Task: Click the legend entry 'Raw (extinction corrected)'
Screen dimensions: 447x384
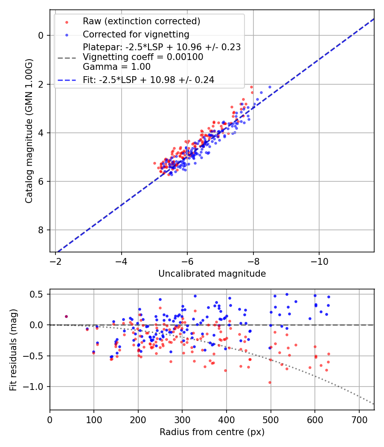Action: pos(141,21)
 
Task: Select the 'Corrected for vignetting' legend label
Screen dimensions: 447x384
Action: pos(136,34)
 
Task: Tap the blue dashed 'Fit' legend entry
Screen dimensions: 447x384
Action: pos(148,80)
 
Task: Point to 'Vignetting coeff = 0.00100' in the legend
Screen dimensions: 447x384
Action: pos(143,57)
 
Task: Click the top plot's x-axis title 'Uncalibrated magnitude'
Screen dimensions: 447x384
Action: pos(212,274)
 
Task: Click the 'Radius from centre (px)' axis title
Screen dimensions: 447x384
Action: pos(212,432)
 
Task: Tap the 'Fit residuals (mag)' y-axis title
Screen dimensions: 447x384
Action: pos(13,350)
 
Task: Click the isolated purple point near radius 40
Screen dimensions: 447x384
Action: pos(66,316)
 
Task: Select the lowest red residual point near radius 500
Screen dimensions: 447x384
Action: pos(270,382)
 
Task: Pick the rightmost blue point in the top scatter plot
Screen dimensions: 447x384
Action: pos(270,87)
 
